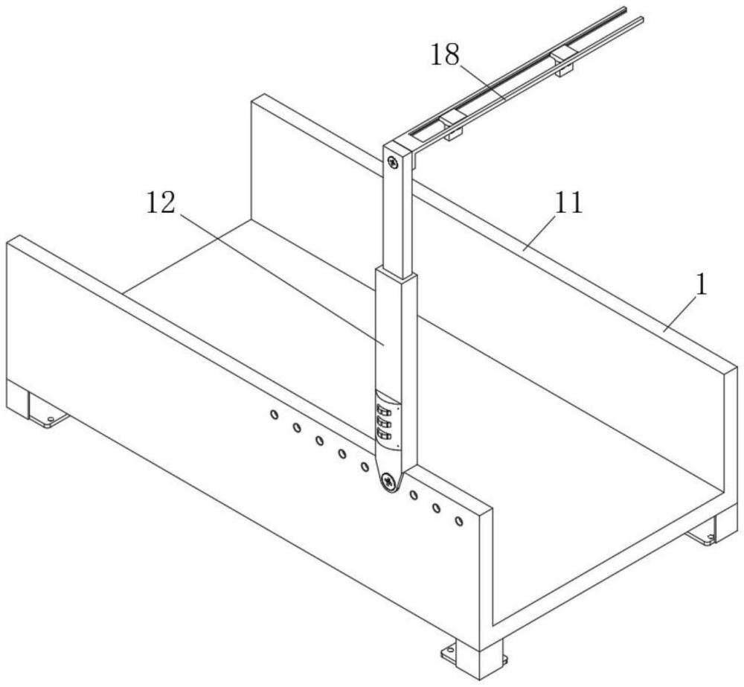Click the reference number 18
(x=445, y=56)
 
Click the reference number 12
(x=161, y=202)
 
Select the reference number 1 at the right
(x=702, y=286)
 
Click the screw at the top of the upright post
(x=394, y=162)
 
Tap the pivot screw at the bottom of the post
(x=389, y=483)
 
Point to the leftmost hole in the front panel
(x=274, y=415)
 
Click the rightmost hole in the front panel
(x=459, y=521)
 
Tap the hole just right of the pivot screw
(x=414, y=496)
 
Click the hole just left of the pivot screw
(x=365, y=467)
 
